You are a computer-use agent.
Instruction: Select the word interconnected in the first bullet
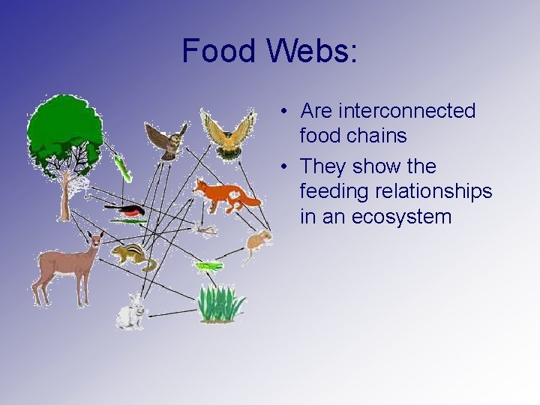click(388, 111)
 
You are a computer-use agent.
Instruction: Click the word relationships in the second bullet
click(435, 192)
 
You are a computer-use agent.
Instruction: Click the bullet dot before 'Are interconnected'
click(286, 112)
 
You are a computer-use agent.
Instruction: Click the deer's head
click(94, 241)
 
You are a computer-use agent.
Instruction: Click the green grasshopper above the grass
click(208, 265)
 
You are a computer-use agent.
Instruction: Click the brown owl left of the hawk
click(168, 139)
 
